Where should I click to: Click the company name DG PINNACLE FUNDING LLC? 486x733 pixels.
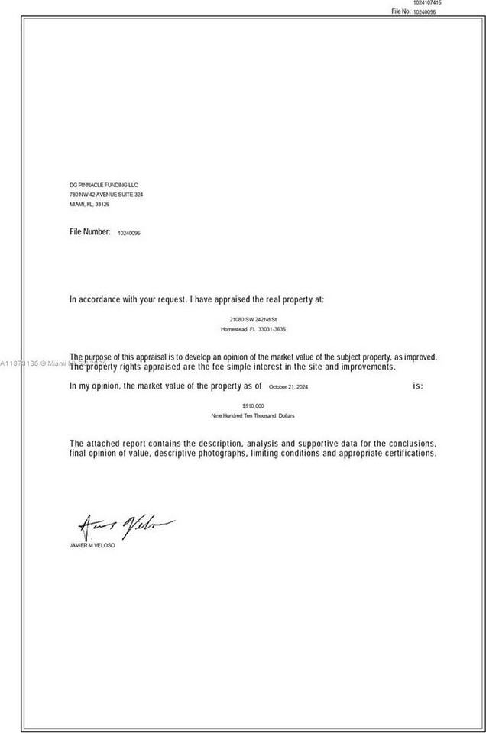103,185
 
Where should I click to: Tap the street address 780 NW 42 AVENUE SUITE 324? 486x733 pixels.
106,195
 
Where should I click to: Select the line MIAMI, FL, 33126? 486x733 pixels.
89,205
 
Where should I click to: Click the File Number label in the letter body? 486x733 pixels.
90,231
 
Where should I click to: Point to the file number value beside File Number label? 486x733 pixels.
129,232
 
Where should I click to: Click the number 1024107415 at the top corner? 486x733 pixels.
427,3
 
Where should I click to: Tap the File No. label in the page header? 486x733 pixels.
401,12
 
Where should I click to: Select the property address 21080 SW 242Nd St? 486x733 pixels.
253,318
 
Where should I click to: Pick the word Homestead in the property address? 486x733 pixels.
234,329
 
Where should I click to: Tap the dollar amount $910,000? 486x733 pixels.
253,405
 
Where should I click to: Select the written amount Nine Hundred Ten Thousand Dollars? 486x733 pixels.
253,415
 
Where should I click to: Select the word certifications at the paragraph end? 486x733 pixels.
407,454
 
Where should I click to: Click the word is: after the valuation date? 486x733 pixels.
418,386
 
